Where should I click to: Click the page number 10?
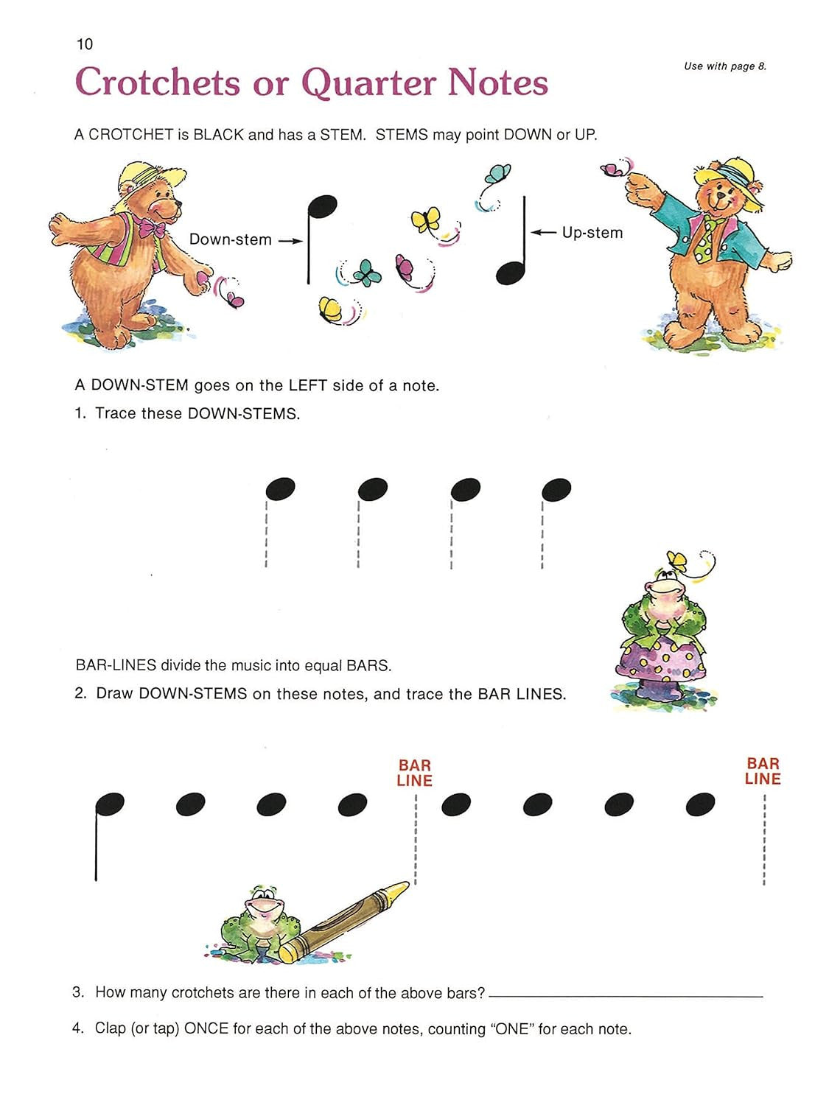click(85, 44)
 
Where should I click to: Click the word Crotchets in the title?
click(157, 82)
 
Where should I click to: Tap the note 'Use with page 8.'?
click(724, 66)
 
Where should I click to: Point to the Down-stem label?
click(230, 239)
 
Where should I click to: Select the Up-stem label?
click(592, 233)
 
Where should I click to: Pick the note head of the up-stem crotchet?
click(509, 273)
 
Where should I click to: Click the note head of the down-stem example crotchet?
click(323, 206)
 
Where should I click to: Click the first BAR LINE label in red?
click(414, 773)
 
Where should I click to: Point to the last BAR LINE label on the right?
click(762, 771)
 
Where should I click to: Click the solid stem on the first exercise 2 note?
click(96, 847)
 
